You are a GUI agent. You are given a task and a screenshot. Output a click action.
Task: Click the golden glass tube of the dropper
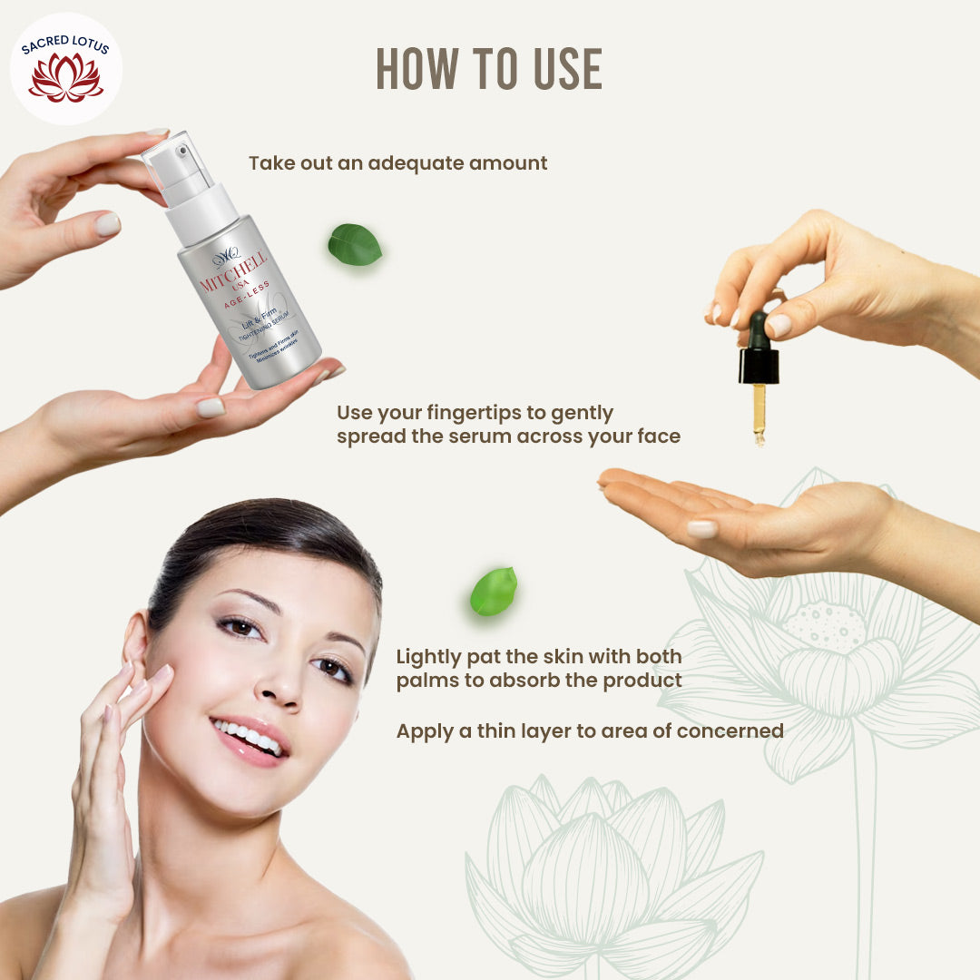759,413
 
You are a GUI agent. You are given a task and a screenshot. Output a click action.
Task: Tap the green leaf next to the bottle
355,245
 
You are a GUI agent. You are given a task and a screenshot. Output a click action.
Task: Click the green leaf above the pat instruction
494,592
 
